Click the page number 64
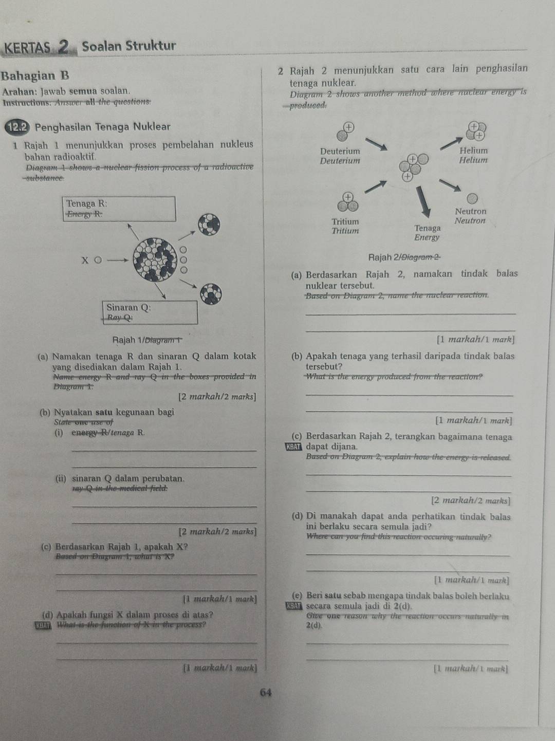266,692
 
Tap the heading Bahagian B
35,76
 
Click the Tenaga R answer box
120,209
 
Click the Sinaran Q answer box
151,312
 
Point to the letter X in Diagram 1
85,260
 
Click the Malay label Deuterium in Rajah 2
340,152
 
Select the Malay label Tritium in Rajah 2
345,221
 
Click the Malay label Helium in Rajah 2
473,151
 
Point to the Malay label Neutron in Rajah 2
470,211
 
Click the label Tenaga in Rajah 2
427,228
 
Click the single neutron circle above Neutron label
472,198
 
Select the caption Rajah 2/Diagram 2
404,257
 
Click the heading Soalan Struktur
129,46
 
